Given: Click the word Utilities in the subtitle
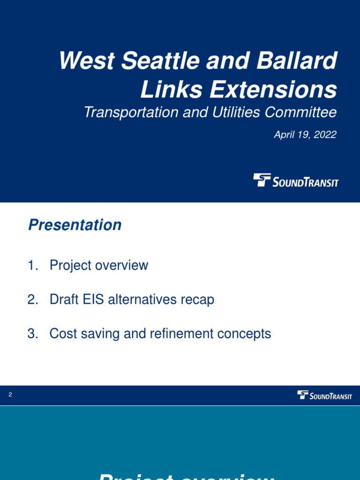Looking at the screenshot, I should (x=232, y=112).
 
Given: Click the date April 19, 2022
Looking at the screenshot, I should (x=305, y=135).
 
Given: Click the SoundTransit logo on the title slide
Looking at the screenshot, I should (x=295, y=181).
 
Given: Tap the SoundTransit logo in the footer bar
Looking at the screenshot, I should (x=324, y=395).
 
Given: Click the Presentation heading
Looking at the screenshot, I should (x=75, y=225).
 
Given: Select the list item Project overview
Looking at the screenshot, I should (x=98, y=265).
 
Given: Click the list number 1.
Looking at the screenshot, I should (x=32, y=265).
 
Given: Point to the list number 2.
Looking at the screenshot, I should (x=32, y=300).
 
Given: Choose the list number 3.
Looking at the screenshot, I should (x=32, y=334).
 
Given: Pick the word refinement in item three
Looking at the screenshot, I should (x=180, y=334).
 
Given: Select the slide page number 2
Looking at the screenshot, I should (x=10, y=395).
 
